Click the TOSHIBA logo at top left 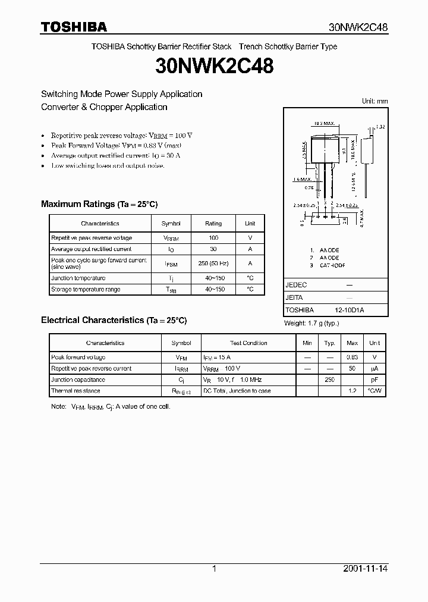tap(74, 27)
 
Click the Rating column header tap(213, 224)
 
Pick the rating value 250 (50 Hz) tap(213, 264)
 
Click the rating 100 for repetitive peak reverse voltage tap(213, 238)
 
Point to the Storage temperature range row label tap(86, 290)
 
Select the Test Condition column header tap(248, 343)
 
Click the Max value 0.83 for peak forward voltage tap(353, 358)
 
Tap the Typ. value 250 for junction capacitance tap(329, 380)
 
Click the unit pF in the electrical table tap(374, 380)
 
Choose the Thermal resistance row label tap(75, 391)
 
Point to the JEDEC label tap(296, 285)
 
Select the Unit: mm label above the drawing tap(374, 101)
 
